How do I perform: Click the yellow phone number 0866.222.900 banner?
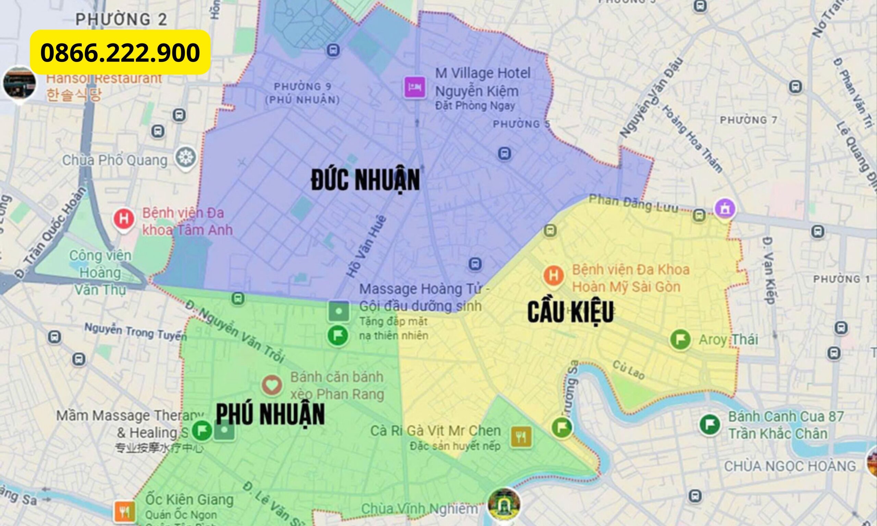point(120,52)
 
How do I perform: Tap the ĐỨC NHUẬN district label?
point(366,180)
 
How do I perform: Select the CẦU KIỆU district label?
point(570,312)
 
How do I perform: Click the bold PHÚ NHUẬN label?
point(270,414)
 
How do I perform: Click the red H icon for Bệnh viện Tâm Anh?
point(124,219)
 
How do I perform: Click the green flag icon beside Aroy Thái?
point(680,339)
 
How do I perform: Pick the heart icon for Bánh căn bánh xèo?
point(272,385)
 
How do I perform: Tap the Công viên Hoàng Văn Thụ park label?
point(100,272)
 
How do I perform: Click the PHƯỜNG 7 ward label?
point(748,121)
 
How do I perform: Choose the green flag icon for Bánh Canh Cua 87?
point(710,425)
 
